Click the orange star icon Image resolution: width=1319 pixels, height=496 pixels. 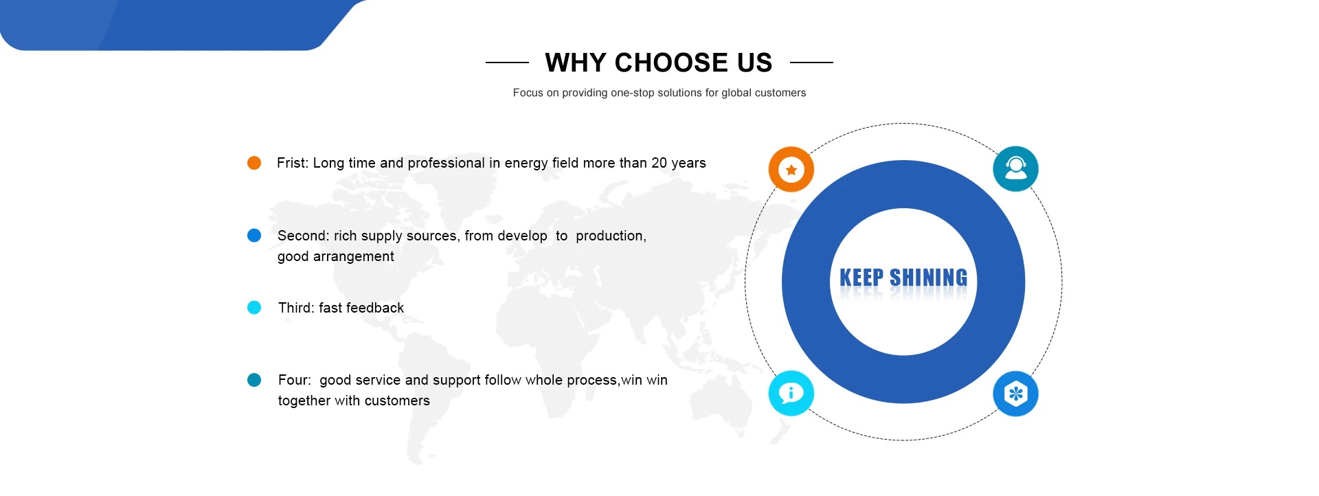coord(791,169)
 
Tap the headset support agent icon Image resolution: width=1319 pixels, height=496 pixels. coord(1015,169)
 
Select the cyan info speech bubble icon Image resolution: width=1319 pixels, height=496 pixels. coord(791,394)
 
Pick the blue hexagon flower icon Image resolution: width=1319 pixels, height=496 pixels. coord(1015,394)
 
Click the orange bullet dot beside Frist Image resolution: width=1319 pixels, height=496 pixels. coord(254,163)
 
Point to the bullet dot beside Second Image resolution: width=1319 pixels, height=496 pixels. coord(254,236)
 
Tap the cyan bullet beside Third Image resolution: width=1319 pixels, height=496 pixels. coord(254,307)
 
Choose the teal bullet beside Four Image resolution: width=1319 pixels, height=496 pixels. coord(254,380)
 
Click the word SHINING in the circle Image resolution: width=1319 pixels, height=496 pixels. coord(928,278)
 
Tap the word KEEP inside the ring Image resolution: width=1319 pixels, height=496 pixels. coord(861,278)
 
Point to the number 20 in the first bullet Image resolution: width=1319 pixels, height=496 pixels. coord(659,163)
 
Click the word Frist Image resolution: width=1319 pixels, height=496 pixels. coord(293,163)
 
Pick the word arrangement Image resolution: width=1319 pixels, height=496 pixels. coord(354,257)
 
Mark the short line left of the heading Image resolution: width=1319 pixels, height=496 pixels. coord(507,63)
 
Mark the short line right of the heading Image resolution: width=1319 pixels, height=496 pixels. coord(811,63)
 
